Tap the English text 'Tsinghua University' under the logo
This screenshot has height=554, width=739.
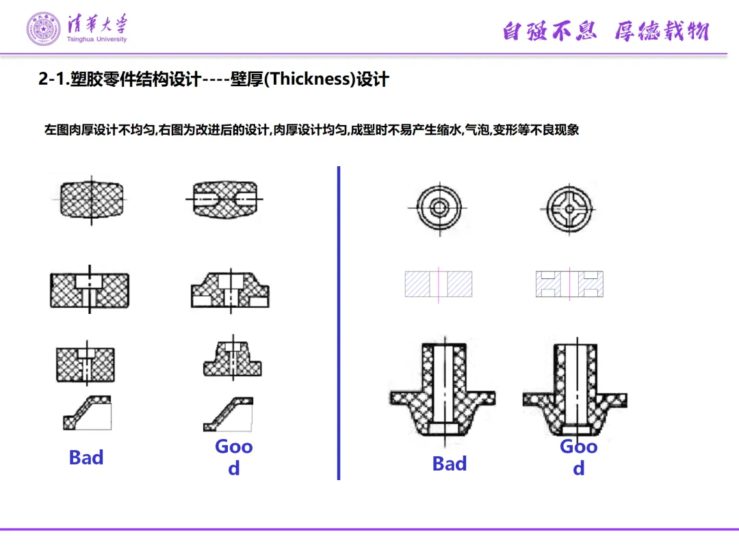click(97, 40)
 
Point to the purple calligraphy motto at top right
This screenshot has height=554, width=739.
click(606, 31)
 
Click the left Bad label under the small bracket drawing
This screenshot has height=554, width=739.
click(86, 458)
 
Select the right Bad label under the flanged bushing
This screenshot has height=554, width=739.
click(450, 464)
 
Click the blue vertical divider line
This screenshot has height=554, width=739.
click(339, 321)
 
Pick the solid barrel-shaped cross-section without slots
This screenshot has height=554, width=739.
click(89, 200)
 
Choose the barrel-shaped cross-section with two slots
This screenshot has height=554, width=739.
click(226, 199)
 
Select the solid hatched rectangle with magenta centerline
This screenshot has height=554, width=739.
click(438, 284)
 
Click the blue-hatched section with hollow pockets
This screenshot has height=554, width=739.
click(569, 284)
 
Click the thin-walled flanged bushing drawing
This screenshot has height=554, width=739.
click(575, 388)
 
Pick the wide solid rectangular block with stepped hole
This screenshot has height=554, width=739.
click(89, 289)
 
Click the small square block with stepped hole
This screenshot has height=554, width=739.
click(86, 360)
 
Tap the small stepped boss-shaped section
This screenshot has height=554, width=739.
click(230, 358)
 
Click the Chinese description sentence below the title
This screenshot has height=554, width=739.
click(311, 129)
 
